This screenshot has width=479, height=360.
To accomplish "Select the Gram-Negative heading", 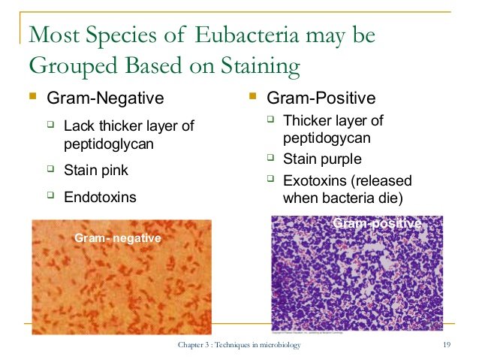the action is point(105,98).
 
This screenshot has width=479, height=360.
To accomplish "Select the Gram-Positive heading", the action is point(321,98).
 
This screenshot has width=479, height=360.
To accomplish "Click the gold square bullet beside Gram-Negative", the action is point(33,96).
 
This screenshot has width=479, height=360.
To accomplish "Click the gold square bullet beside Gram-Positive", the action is point(252,96).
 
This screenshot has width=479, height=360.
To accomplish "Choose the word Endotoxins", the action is point(100,197).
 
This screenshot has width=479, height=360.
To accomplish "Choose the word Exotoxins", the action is point(315,180).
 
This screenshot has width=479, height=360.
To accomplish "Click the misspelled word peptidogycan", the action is point(327,138).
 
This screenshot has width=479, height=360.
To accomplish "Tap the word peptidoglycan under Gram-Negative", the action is point(109,144).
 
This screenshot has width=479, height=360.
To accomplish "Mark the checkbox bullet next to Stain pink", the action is point(51,168).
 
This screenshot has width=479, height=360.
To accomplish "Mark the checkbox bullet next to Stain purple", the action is point(271,158).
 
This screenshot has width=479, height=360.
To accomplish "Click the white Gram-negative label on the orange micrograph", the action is point(118,237).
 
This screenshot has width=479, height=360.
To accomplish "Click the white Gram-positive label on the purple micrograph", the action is point(378,223).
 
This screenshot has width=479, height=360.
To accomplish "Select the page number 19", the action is point(447,345).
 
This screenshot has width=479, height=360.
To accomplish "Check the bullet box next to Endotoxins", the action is point(51,195).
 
